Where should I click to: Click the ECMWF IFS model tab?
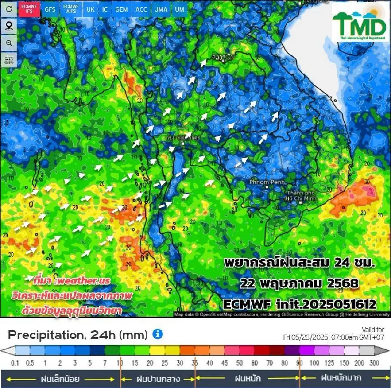[x=29, y=9]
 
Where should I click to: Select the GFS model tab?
[x=50, y=9]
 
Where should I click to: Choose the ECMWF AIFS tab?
[x=71, y=9]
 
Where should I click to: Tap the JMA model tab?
[x=161, y=9]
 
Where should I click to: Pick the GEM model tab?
[x=122, y=9]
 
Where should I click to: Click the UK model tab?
[x=90, y=9]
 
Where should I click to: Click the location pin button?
[x=9, y=26]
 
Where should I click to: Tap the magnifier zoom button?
[x=9, y=43]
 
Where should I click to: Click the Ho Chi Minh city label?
[x=301, y=195]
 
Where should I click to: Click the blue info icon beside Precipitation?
[x=158, y=334]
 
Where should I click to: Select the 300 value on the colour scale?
[x=374, y=363]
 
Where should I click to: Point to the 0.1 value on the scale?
[x=15, y=363]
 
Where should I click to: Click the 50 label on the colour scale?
[x=239, y=363]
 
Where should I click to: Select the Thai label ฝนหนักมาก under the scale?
[x=341, y=378]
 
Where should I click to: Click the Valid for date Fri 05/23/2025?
[x=333, y=337]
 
